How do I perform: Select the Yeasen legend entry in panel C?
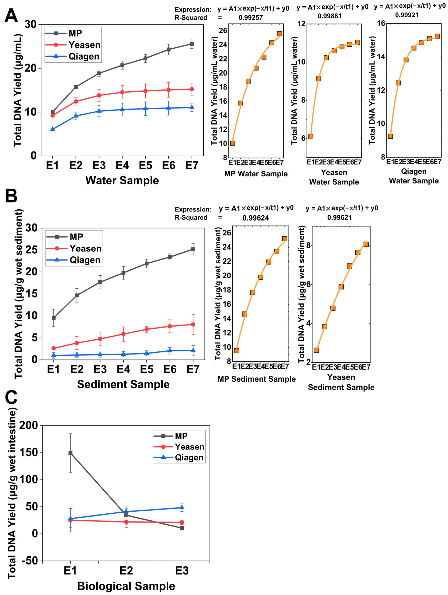(179, 447)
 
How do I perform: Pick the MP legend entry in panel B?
(65, 237)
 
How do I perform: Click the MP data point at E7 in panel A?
(192, 44)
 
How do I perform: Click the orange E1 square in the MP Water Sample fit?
(233, 143)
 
